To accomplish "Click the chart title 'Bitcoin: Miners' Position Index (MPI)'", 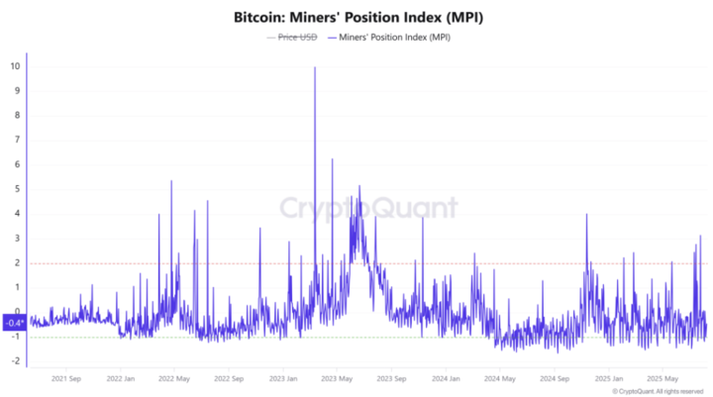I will point(356,18).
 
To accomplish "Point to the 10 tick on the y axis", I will point(15,66).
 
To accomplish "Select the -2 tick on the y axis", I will point(15,360).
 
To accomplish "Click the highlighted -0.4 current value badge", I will point(13,323).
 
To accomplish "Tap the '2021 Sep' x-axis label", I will point(65,378).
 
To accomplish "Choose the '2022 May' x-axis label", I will point(174,378).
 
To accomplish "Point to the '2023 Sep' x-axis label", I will point(391,378).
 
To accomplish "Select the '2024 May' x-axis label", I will point(500,378).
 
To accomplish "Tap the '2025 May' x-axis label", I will point(662,378).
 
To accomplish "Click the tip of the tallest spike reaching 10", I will point(315,67).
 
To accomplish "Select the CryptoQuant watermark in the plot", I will point(367,208).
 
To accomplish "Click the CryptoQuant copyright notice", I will point(658,391).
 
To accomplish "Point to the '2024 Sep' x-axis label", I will point(555,378).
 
